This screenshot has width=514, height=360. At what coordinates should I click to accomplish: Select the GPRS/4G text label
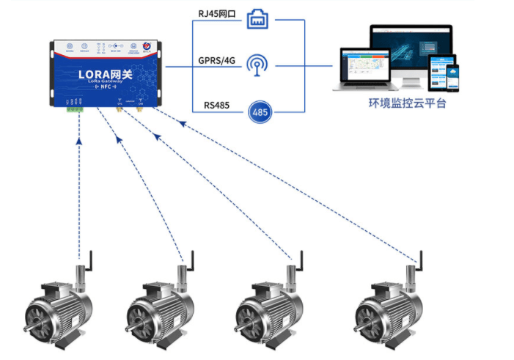pos(216,60)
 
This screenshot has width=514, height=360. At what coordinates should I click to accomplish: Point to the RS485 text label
pos(217,106)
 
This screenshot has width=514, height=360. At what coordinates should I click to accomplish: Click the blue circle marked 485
pos(258,111)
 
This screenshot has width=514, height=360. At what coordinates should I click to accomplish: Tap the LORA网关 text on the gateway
pos(105,74)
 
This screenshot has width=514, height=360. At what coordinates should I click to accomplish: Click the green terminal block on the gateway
pos(74,109)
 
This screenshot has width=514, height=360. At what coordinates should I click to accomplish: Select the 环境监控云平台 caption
pos(407,103)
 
